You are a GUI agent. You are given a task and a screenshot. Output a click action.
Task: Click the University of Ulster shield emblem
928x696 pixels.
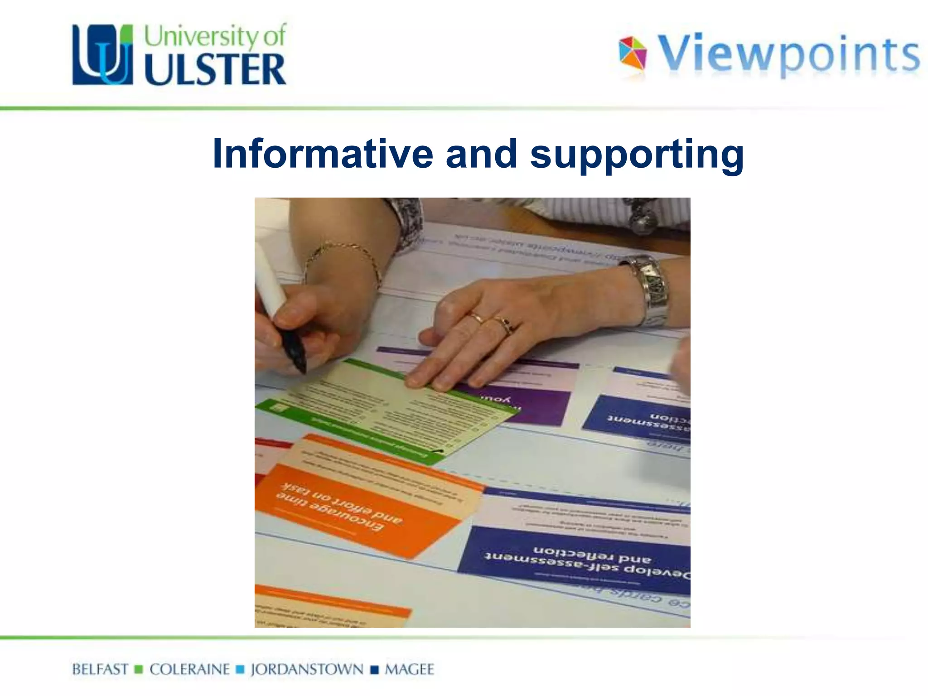tap(103, 54)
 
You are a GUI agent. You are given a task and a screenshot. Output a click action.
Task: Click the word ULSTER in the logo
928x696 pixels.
tap(215, 69)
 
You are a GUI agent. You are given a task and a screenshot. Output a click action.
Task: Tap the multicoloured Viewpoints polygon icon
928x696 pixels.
tap(633, 53)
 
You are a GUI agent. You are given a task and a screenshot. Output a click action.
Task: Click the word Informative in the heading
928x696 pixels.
tap(323, 154)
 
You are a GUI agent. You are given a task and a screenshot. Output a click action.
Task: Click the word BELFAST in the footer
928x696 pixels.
tap(100, 669)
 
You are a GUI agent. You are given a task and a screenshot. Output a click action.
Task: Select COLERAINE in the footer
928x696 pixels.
tap(189, 669)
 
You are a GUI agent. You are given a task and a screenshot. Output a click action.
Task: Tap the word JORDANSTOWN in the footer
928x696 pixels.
tap(307, 669)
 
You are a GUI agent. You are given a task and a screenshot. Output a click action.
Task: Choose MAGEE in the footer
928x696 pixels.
tap(409, 669)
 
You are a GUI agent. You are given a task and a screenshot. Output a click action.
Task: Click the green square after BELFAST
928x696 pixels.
tap(139, 669)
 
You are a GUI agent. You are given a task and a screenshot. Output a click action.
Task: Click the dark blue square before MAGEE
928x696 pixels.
tap(374, 670)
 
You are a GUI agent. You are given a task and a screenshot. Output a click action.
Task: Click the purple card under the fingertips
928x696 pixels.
tap(526, 403)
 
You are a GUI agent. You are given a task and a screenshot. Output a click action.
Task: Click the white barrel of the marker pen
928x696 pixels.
tap(270, 281)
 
